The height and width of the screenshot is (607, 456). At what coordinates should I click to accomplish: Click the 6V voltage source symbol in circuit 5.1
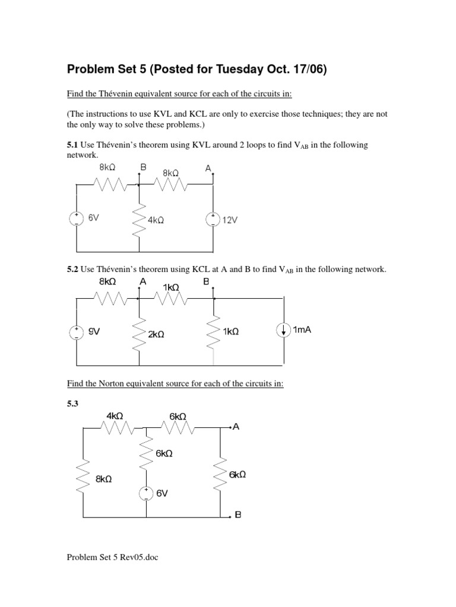coord(77,219)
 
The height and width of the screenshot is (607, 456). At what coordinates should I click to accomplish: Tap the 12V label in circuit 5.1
coord(229,220)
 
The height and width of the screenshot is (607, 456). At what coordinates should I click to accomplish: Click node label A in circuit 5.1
coord(208,168)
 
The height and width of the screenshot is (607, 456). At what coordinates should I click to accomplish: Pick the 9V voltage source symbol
coord(77,333)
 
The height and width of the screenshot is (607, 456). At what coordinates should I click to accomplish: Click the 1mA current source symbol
coord(283,330)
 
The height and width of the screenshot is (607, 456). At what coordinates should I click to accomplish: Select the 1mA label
coord(302,330)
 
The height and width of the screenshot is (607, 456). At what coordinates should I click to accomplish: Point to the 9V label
coord(94,333)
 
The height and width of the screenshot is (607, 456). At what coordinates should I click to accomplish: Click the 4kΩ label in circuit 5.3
coord(115,416)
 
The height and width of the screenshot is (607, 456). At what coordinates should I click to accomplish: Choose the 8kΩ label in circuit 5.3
coord(103,479)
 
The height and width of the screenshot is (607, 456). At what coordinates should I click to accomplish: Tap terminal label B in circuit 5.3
coord(238,515)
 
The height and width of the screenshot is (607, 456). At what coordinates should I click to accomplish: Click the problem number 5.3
coord(73,402)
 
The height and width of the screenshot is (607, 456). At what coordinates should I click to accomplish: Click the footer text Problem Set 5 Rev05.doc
coord(113,557)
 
